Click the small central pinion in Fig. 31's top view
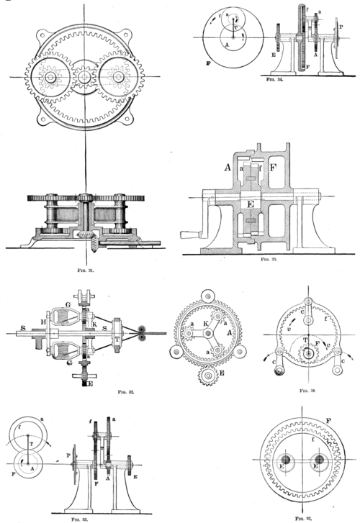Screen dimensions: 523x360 pos(84,76)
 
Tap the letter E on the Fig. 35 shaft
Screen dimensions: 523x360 pos(249,203)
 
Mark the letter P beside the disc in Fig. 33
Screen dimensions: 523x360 pos(68,457)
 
